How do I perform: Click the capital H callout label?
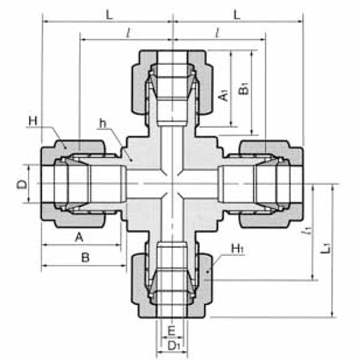[32, 121]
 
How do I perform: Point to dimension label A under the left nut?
[78, 237]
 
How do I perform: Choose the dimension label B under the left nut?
[85, 257]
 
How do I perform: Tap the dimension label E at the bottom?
[171, 331]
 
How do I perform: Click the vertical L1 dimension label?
[324, 248]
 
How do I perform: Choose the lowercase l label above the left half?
[128, 32]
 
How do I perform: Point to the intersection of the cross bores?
[173, 184]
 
